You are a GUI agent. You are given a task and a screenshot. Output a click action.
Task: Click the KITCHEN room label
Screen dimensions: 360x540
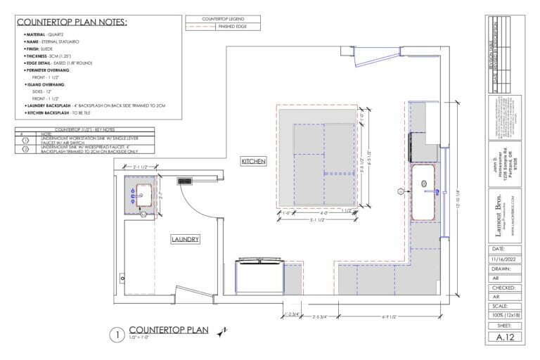click(253, 161)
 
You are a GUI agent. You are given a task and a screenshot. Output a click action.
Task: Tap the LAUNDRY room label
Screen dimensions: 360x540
click(186, 240)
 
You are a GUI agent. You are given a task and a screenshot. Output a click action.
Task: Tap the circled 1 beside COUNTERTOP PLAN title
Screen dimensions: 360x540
click(117, 334)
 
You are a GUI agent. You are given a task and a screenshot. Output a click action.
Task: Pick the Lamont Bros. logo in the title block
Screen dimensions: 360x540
click(504, 205)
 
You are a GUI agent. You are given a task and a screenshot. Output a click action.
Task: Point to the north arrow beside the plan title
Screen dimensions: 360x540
click(223, 331)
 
